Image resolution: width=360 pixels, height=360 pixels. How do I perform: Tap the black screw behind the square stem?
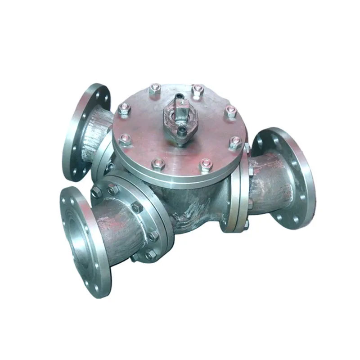coord(180,96)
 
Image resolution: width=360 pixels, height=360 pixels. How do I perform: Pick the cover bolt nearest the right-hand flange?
coord(235,143)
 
